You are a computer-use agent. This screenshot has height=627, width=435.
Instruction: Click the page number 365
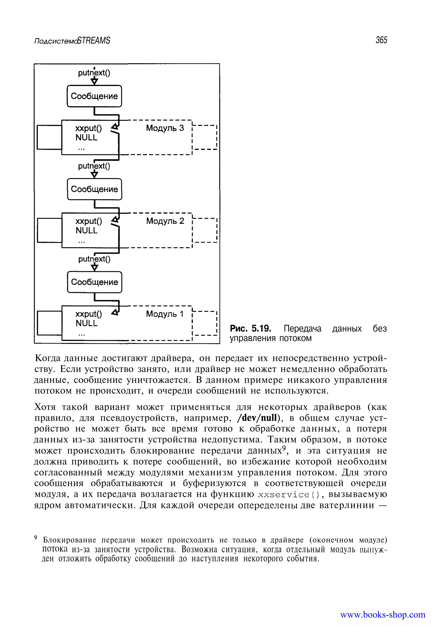381,40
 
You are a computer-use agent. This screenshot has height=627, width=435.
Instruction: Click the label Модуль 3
165,128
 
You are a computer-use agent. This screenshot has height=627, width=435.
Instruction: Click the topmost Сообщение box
94,96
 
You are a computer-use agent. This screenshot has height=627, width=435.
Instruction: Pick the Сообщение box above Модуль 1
94,282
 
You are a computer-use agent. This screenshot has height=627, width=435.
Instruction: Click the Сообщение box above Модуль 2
94,189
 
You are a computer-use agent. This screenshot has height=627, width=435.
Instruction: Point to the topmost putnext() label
94,73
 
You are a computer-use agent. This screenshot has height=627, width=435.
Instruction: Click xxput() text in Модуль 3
89,128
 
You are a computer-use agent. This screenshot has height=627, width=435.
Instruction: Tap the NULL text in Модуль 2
86,231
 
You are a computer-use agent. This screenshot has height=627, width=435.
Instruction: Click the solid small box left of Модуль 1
49,323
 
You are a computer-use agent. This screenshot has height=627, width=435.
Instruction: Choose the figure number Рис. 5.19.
250,329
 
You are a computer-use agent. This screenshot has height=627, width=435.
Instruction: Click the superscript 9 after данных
284,448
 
